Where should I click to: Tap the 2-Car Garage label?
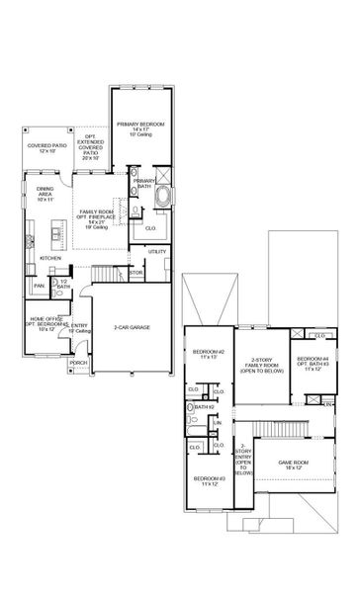[132, 326]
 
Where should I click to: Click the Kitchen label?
[49, 259]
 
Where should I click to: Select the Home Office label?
[45, 321]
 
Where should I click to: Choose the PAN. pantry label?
[39, 286]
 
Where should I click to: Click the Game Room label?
[296, 463]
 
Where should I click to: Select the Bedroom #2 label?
[209, 354]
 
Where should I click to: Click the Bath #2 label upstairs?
[205, 406]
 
